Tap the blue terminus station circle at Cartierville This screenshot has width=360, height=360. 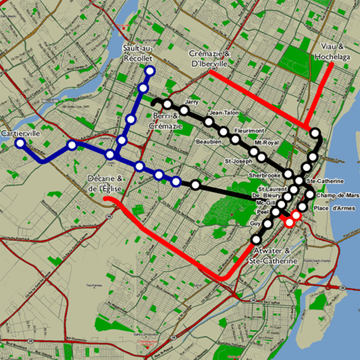tap(20, 142)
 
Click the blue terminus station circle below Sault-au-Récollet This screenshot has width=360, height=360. tap(149, 72)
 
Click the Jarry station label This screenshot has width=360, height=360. tap(191, 100)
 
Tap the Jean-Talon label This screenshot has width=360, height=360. tap(223, 112)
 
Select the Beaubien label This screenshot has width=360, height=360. tap(208, 140)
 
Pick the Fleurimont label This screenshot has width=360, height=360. tap(247, 130)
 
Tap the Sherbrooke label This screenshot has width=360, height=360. tap(264, 175)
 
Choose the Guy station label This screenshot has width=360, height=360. tap(254, 223)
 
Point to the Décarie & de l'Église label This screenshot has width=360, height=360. tap(109, 182)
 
